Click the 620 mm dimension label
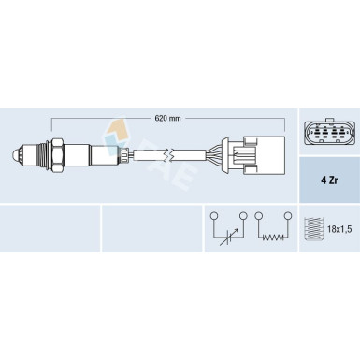(x=167, y=118)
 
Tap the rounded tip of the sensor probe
(x=15, y=154)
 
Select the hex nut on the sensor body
(x=58, y=155)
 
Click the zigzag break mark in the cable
(x=169, y=154)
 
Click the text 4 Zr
(x=329, y=180)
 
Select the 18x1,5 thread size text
(x=339, y=230)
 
